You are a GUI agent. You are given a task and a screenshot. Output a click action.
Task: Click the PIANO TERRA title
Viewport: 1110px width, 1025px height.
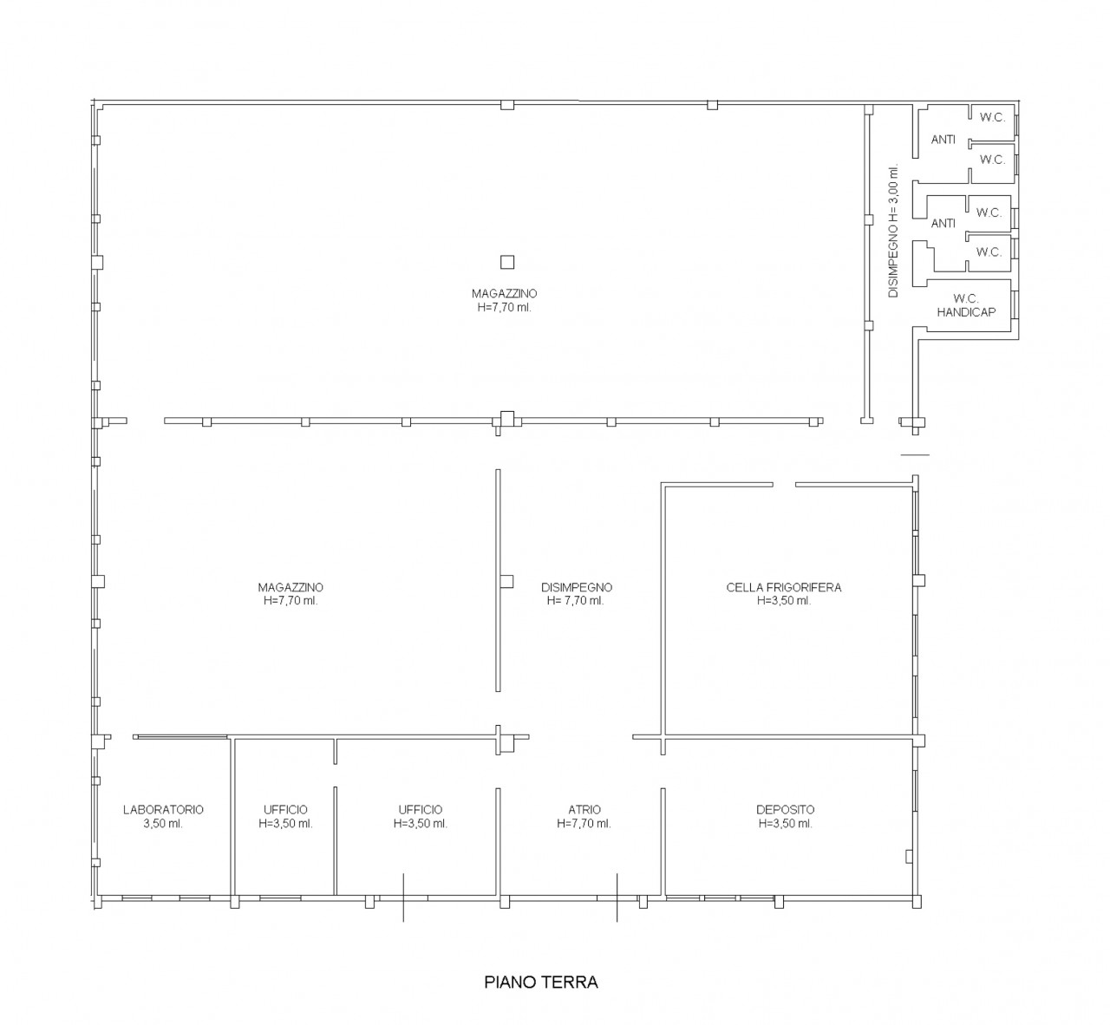pos(541,982)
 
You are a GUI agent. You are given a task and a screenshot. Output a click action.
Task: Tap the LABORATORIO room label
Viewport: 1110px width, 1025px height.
pos(163,809)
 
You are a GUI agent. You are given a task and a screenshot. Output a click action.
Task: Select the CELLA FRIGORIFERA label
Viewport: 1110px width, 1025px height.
pos(784,587)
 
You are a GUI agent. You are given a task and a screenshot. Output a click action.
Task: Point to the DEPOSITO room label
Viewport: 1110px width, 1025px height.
pos(786,809)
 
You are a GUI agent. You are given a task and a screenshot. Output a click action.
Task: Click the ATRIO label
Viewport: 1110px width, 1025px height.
pos(584,809)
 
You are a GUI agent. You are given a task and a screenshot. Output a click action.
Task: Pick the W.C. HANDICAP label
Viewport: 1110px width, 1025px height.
pos(966,305)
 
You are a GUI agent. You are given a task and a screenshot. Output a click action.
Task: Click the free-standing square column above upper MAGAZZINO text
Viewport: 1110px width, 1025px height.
pos(507,262)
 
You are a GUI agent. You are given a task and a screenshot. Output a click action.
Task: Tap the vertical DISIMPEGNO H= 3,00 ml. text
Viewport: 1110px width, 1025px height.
pos(893,231)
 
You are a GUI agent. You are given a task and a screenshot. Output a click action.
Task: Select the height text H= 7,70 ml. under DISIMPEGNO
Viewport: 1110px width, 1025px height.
pos(576,601)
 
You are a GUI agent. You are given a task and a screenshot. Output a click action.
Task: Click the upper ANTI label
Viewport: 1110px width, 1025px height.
pos(943,140)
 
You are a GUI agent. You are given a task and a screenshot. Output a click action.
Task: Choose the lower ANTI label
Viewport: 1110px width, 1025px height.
pos(943,224)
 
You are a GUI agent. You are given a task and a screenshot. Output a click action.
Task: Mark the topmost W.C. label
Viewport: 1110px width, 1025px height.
pos(992,117)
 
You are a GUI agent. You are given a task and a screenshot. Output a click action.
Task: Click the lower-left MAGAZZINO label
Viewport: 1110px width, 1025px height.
pos(291,587)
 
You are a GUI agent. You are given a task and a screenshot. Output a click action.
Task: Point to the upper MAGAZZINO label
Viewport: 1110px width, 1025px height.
pos(504,294)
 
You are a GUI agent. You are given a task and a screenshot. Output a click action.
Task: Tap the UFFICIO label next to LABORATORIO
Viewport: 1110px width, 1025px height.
pos(285,809)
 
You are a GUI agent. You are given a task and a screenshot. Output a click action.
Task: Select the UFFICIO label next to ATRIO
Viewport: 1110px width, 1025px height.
pos(421,809)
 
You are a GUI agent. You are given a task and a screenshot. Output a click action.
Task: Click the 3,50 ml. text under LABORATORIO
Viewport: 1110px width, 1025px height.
pos(163,823)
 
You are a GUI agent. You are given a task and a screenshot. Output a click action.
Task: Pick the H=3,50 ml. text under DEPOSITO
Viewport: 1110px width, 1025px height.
pos(786,823)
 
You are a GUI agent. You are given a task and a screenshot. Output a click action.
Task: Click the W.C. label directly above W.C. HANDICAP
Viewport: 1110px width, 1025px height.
pos(989,252)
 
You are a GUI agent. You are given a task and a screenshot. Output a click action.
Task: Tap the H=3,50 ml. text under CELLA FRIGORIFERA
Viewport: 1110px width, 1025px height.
pos(784,601)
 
